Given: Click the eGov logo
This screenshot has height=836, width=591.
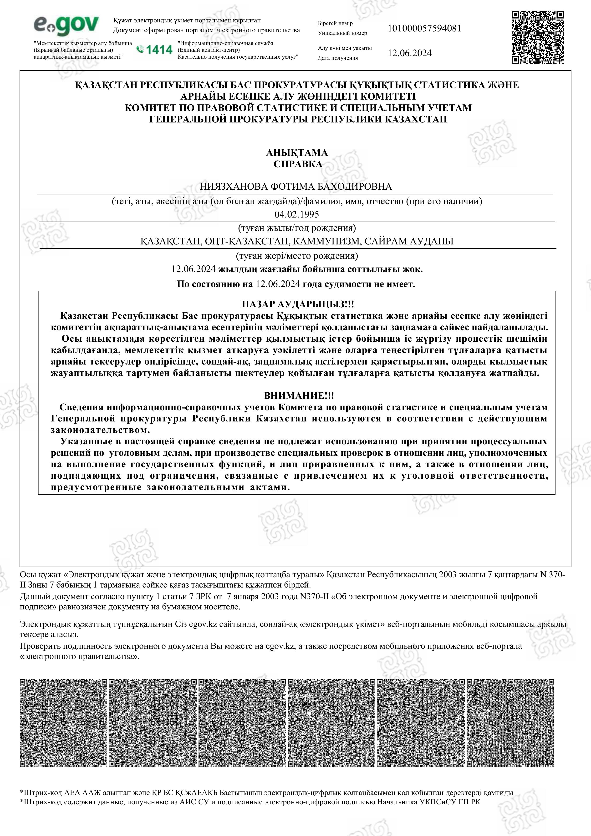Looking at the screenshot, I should coord(66,25).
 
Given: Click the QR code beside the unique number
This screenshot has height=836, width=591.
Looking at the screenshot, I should coord(537,37).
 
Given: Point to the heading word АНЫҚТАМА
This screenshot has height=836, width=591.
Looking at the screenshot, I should coord(297,152).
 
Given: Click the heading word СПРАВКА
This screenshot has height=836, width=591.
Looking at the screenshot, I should coord(297,164).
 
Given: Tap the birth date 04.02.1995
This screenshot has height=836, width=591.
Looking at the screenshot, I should coord(296,214).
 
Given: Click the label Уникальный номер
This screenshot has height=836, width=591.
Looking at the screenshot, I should coord(342,33).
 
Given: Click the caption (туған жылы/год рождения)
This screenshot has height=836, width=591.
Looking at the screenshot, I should coord(297,228).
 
